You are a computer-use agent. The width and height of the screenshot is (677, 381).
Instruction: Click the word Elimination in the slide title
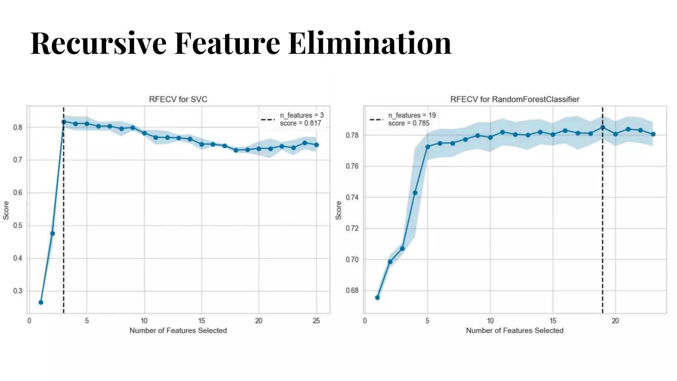(369, 43)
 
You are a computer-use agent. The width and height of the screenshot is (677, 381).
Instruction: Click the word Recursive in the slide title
(98, 43)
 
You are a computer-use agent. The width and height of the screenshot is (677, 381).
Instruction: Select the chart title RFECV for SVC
(178, 99)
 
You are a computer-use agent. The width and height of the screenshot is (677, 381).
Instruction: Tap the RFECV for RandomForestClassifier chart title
(514, 99)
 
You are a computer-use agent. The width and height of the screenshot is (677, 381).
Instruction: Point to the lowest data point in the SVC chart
(41, 302)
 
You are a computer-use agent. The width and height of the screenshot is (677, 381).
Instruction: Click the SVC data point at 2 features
(52, 233)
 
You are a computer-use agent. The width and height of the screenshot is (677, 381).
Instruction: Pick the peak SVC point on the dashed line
(64, 122)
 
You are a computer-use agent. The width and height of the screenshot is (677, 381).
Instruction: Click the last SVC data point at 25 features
(316, 145)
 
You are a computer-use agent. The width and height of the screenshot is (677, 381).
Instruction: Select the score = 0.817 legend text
(300, 123)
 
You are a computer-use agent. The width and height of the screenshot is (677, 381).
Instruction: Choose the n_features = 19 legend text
(412, 115)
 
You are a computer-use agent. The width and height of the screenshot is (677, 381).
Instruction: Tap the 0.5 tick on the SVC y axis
(18, 226)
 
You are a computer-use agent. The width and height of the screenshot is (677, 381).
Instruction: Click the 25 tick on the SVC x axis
(316, 321)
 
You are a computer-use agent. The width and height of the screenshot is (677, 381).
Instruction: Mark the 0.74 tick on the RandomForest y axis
(352, 197)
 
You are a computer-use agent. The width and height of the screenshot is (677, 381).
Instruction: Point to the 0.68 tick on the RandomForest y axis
(352, 291)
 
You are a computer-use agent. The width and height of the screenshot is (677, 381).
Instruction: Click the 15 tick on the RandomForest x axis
(553, 321)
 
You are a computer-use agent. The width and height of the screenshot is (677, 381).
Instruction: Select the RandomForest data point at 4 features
(415, 193)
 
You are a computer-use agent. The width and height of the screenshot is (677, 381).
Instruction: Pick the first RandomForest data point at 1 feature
(378, 297)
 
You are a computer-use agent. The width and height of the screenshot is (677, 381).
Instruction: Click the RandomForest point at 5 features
(428, 147)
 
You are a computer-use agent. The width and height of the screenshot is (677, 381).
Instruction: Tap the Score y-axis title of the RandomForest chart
(338, 210)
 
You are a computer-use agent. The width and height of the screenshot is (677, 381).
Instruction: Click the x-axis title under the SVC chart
(178, 330)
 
